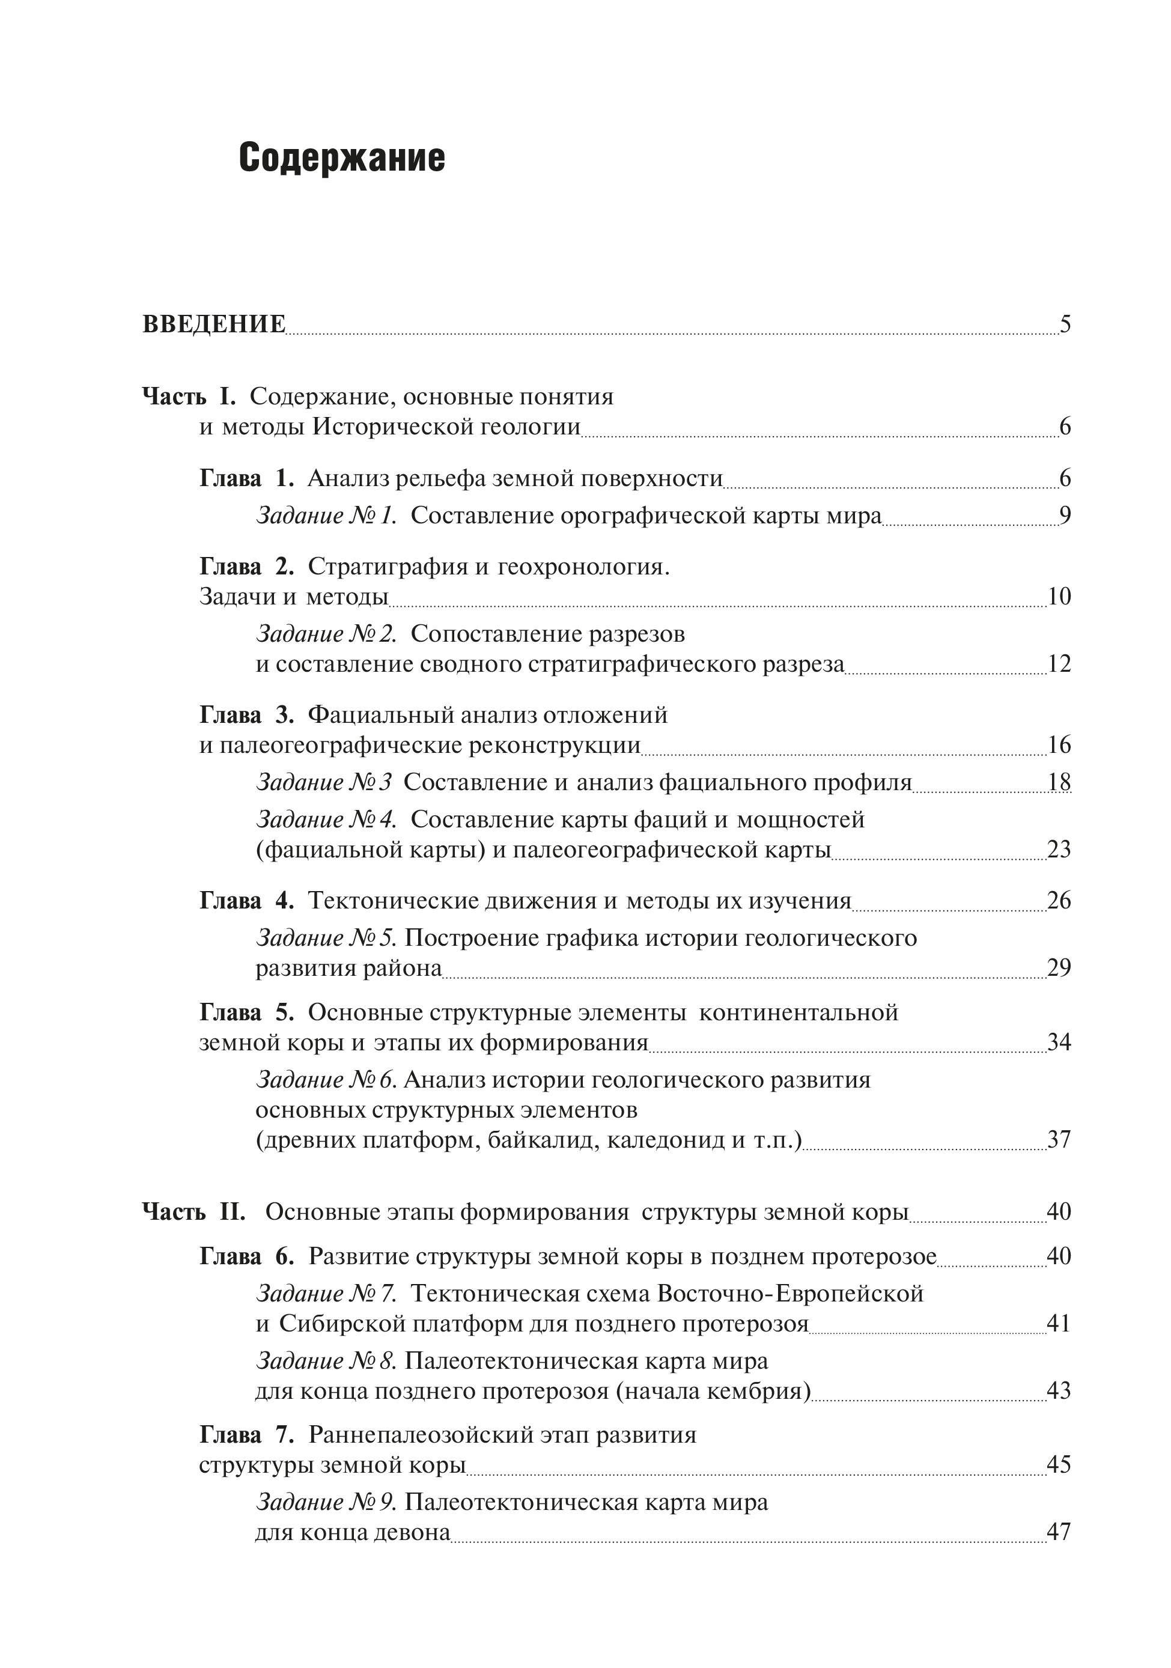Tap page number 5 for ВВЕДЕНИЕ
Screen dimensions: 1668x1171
(1065, 324)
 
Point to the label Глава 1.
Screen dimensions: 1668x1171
(246, 478)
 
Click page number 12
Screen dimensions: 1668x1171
(1059, 664)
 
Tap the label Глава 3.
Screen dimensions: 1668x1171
(246, 715)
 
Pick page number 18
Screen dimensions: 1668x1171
(1059, 782)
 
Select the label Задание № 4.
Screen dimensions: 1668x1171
(326, 820)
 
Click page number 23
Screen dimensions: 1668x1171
(1059, 849)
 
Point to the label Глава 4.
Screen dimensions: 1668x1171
(246, 901)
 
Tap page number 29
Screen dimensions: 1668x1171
(1059, 969)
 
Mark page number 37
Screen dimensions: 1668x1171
(1059, 1140)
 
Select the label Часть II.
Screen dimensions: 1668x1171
(193, 1212)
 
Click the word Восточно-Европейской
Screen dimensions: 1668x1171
(789, 1293)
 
